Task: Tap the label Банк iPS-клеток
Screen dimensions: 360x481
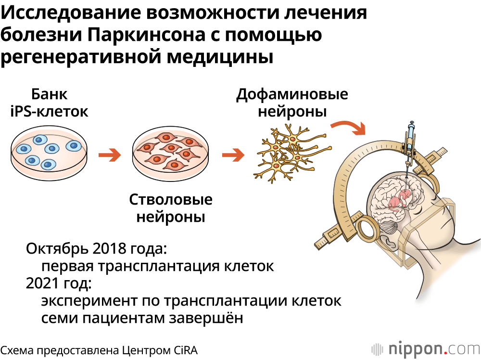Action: (x=50, y=103)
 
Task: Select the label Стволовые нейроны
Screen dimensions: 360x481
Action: (x=171, y=208)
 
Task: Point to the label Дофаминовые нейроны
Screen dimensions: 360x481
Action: (x=292, y=103)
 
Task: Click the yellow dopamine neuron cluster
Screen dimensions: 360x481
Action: (x=287, y=152)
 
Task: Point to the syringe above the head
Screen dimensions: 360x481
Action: (x=410, y=140)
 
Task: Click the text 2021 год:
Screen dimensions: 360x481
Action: (x=59, y=283)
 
